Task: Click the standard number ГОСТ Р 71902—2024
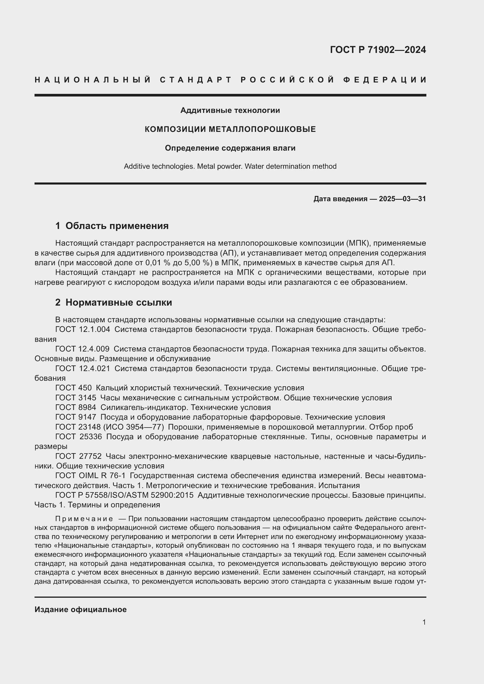[377, 50]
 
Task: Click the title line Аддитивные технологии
[230, 111]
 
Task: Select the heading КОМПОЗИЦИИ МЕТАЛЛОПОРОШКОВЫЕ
[230, 129]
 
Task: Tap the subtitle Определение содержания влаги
[230, 148]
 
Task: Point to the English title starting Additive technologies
[230, 166]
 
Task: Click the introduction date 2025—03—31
[402, 199]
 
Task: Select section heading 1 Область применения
[112, 226]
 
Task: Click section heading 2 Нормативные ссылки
[114, 302]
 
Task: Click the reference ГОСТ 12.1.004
[83, 330]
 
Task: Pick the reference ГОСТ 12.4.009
[82, 349]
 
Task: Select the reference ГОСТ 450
[73, 388]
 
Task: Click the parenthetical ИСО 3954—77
[133, 427]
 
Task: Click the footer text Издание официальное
[80, 609]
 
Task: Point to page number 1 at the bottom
[424, 622]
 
